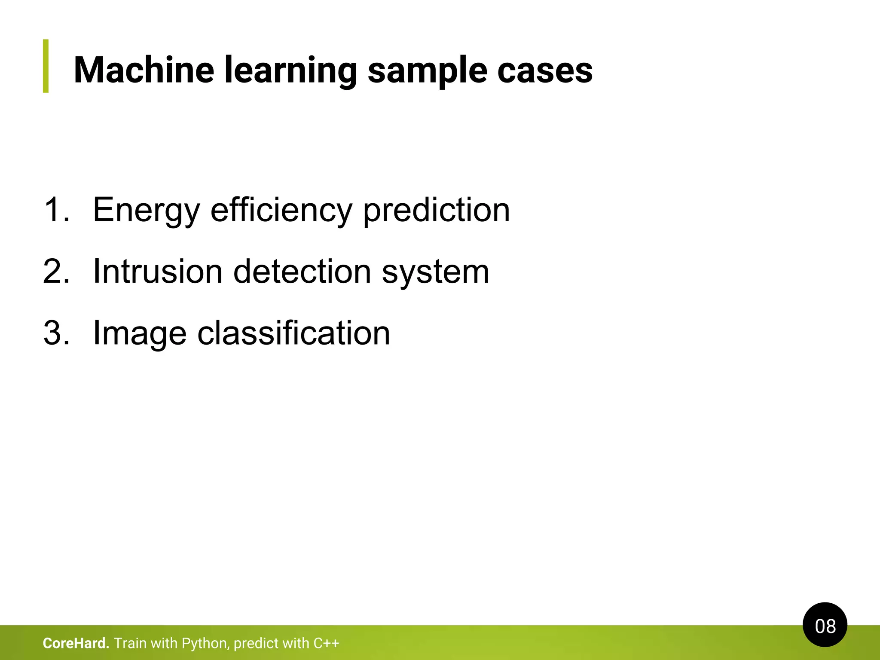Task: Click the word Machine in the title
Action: (x=144, y=70)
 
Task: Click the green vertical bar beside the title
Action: (x=46, y=66)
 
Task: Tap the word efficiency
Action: (x=281, y=210)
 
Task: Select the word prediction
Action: (x=436, y=210)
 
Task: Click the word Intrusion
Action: (x=158, y=272)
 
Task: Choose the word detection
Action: (x=302, y=272)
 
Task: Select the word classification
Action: (x=293, y=333)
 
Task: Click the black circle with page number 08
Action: (x=825, y=625)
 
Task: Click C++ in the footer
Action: (x=326, y=643)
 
